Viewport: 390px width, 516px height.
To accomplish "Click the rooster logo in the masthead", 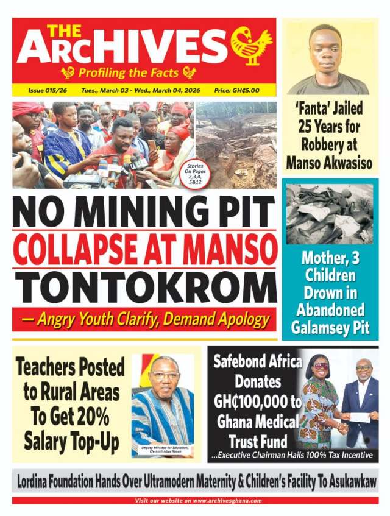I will tap(251, 46).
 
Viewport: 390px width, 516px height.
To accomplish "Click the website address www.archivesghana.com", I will tap(228, 501).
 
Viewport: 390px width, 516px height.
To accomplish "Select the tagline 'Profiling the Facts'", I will tap(129, 73).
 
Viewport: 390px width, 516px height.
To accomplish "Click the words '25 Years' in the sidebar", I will tap(330, 127).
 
